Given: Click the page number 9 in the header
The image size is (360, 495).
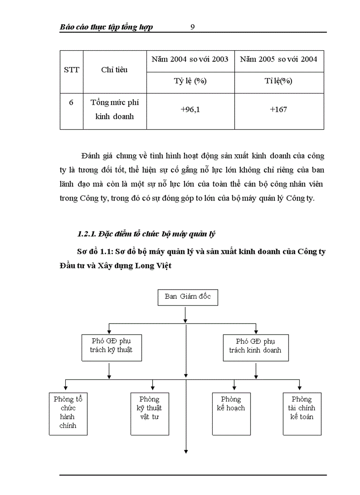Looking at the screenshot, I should pos(192,27).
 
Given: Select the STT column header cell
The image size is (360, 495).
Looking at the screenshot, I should pos(71,70).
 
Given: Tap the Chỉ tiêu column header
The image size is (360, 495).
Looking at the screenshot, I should pos(114,70).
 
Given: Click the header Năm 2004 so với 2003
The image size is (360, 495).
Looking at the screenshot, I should pos(190,59).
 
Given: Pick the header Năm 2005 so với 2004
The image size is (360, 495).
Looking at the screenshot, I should pos(279,59).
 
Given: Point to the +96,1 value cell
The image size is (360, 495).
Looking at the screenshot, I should pos(190,109).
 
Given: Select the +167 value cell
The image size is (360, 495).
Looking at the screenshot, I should pos(279,109).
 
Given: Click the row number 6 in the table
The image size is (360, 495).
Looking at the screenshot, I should pos(71,103).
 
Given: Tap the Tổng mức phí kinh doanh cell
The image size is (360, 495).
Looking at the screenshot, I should pos(114,109).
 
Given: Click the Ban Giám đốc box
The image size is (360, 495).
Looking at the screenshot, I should pos(187,297).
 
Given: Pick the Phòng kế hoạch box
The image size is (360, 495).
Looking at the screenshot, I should pos(231,413).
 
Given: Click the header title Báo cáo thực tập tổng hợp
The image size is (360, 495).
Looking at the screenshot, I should pos(106,27).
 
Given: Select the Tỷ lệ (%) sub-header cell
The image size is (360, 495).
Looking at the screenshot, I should pos(190,81).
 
